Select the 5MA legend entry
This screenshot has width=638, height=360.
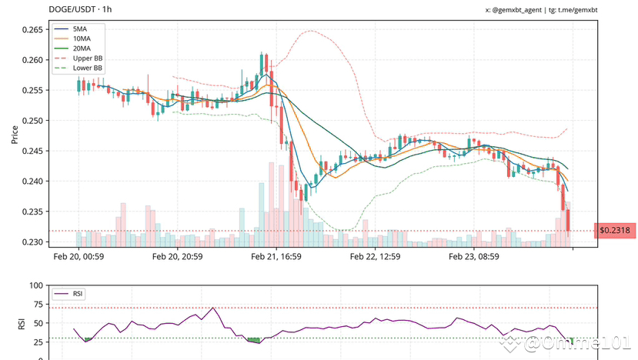click(79, 28)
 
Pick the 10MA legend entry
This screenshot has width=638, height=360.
click(81, 38)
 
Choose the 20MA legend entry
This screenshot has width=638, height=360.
click(81, 48)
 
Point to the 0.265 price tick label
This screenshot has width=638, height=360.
click(32, 30)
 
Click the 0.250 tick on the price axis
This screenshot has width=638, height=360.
click(32, 121)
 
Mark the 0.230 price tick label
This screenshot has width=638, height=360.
click(32, 242)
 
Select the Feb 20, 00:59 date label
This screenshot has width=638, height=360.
click(78, 258)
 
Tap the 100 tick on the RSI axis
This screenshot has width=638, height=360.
click(35, 286)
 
